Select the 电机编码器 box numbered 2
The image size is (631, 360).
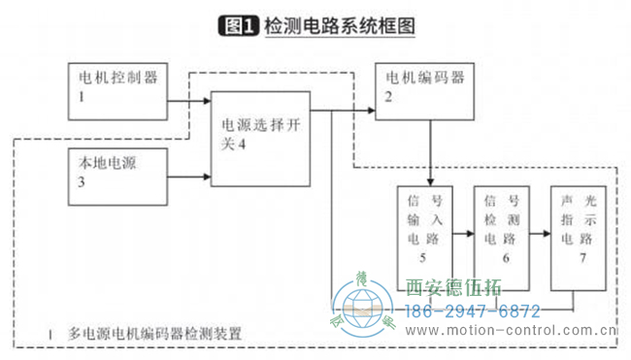pos(424,91)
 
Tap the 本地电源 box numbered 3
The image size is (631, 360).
pos(117,177)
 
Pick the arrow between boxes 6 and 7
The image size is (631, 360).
pos(539,236)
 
